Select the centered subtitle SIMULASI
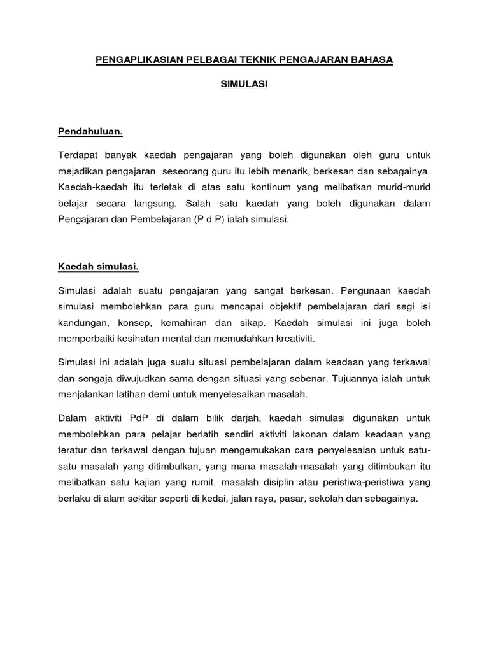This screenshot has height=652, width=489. pyautogui.click(x=244, y=84)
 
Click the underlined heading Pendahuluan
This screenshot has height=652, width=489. pyautogui.click(x=90, y=132)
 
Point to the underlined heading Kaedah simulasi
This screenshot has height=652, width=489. pyautogui.click(x=99, y=267)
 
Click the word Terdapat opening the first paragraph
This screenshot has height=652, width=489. pyautogui.click(x=78, y=155)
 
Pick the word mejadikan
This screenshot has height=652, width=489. pyautogui.click(x=80, y=172)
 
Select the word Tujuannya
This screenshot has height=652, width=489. pyautogui.click(x=358, y=378)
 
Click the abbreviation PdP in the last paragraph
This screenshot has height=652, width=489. pyautogui.click(x=138, y=418)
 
